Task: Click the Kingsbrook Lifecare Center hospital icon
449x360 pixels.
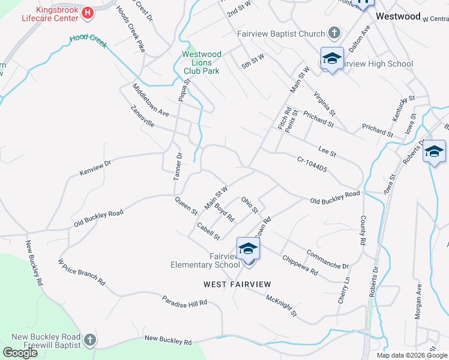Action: [89, 12]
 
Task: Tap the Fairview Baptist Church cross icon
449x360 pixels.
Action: [335, 34]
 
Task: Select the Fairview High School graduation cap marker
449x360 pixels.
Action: [332, 59]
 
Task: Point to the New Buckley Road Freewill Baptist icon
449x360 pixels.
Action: [89, 340]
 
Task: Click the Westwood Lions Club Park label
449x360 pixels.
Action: [202, 62]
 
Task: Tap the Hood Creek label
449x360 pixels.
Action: [88, 39]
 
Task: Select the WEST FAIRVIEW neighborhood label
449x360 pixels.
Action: [237, 284]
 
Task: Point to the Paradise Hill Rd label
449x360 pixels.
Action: [184, 301]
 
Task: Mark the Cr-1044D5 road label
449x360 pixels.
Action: [312, 164]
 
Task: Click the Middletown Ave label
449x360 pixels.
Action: [151, 100]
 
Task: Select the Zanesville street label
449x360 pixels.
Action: [142, 116]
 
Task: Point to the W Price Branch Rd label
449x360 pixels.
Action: [81, 272]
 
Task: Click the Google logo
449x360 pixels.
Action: [20, 353]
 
